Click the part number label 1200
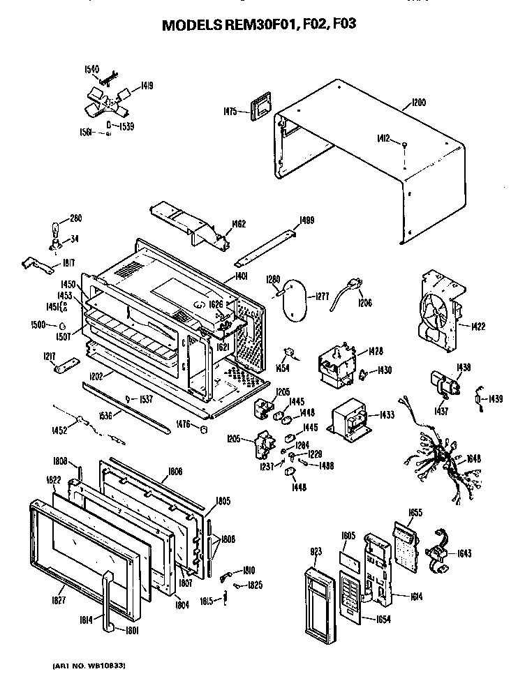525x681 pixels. click(x=419, y=103)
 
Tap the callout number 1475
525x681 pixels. click(x=230, y=110)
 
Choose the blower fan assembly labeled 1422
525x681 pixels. click(x=438, y=314)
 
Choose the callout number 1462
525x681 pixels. click(x=239, y=224)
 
